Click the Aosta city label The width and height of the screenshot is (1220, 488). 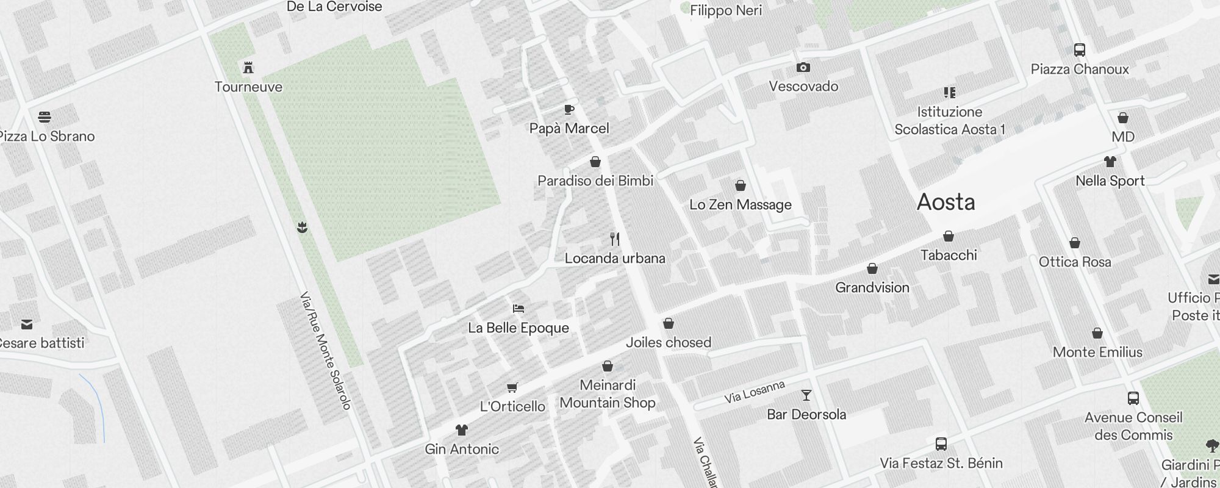(x=945, y=203)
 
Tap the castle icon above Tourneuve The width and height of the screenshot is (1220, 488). (x=248, y=68)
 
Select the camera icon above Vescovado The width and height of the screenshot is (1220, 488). (x=803, y=67)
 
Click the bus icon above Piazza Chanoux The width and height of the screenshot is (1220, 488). (x=1079, y=50)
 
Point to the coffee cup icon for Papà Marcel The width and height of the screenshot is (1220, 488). (x=569, y=110)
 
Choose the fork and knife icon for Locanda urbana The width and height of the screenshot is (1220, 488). (x=615, y=239)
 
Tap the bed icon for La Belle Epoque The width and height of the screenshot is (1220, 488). (x=518, y=309)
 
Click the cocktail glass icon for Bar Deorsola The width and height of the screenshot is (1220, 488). (x=806, y=395)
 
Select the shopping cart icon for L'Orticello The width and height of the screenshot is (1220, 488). (x=512, y=387)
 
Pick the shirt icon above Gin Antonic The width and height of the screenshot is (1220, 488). (x=461, y=430)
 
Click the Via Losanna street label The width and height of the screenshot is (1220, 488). (x=755, y=392)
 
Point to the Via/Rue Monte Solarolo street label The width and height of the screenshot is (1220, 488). (x=326, y=351)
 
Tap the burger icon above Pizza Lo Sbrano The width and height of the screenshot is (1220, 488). (x=44, y=117)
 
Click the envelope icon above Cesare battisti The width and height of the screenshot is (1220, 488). (x=27, y=325)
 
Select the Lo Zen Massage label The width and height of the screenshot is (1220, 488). (x=741, y=205)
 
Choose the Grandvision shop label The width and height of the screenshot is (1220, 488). (x=872, y=287)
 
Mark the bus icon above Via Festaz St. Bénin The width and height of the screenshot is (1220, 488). (x=941, y=443)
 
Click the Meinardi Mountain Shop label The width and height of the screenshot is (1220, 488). (x=608, y=394)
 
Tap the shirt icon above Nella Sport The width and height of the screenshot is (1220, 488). (x=1110, y=162)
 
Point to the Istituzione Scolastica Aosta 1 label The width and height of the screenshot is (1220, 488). (x=950, y=121)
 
